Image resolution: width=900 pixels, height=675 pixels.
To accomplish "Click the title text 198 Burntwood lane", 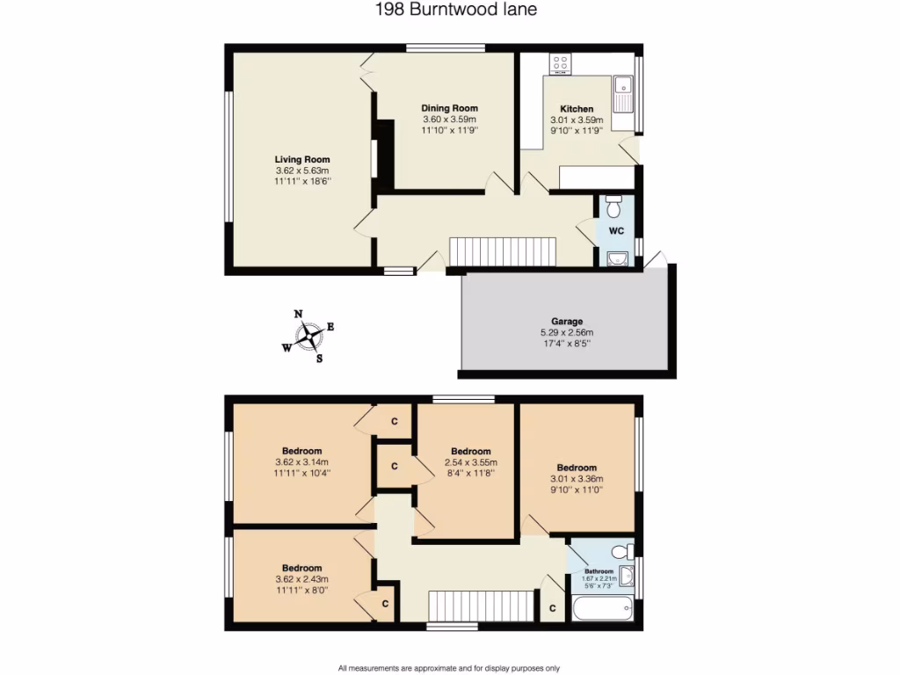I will [x=449, y=11].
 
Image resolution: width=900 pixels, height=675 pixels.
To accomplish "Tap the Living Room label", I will [x=301, y=159].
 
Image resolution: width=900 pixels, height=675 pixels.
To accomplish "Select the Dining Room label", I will [x=449, y=108].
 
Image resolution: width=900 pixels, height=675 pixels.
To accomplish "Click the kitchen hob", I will [x=560, y=64].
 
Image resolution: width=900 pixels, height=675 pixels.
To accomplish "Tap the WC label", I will [x=616, y=231].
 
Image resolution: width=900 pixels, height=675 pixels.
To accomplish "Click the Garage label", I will [x=567, y=322].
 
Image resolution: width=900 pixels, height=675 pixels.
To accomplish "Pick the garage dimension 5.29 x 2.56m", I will [x=567, y=333].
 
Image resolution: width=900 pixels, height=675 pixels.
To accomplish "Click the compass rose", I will [x=309, y=335].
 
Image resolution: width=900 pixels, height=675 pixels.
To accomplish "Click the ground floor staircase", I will [x=503, y=250].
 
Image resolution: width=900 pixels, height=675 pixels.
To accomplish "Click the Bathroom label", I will [x=599, y=571].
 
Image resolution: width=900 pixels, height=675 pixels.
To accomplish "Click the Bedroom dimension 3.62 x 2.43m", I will [x=301, y=579].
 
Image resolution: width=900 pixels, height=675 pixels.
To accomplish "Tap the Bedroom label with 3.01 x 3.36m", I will [x=577, y=468].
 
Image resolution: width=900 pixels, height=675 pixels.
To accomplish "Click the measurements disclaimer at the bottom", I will [x=449, y=668].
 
